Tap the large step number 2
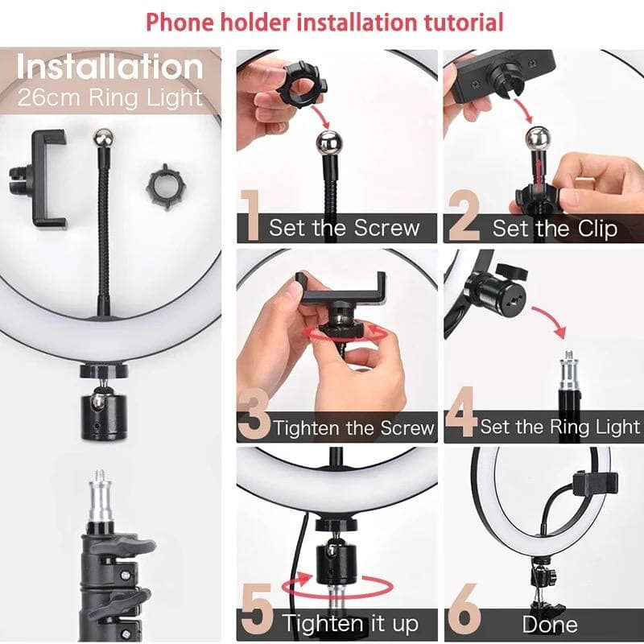[464, 216]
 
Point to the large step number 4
[460, 415]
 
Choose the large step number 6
[464, 613]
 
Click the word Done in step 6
[550, 624]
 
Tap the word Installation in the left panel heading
[109, 67]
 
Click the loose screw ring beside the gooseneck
[163, 187]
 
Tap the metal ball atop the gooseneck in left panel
[102, 138]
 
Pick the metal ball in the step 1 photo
[330, 147]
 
